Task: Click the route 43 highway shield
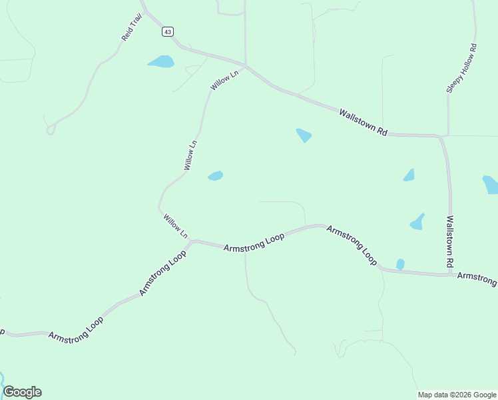(167, 31)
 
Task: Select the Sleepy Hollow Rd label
(462, 68)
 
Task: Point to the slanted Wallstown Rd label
(363, 123)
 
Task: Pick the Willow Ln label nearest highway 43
(224, 82)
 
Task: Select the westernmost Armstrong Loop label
(76, 326)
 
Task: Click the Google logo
(22, 392)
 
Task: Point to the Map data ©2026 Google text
(457, 395)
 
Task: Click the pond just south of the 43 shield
(161, 62)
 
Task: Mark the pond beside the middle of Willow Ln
(215, 176)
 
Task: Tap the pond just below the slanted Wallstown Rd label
(304, 135)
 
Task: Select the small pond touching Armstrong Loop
(400, 265)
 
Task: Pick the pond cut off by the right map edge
(491, 184)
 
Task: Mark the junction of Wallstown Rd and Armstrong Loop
(451, 273)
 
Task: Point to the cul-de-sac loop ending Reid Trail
(50, 130)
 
